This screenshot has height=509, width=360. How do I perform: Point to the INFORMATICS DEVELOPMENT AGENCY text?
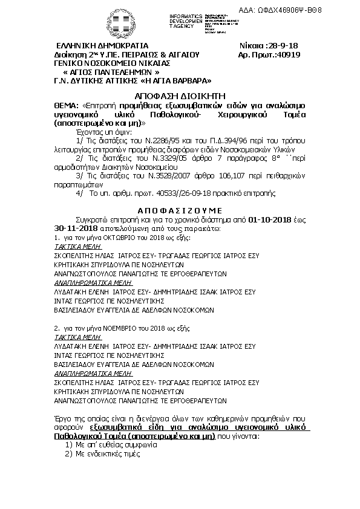pos(185,19)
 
